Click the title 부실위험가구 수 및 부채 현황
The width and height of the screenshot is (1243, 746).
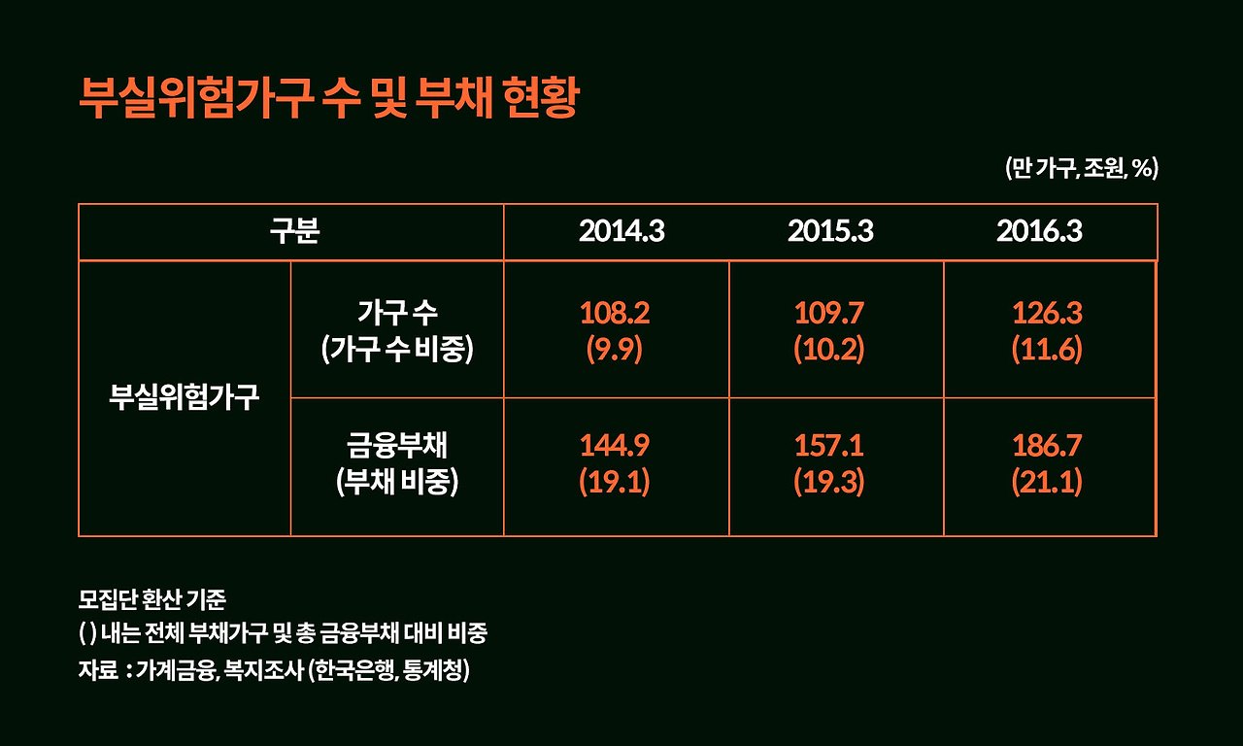click(x=328, y=98)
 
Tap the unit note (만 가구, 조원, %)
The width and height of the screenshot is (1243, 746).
click(x=1081, y=168)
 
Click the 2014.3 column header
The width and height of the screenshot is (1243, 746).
click(x=621, y=233)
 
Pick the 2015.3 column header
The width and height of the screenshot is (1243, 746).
click(x=830, y=233)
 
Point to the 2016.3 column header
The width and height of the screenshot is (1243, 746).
click(x=1039, y=233)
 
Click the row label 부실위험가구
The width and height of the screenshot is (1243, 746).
click(x=185, y=398)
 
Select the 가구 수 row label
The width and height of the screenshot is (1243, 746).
click(x=397, y=313)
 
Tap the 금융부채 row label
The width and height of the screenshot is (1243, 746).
click(x=397, y=446)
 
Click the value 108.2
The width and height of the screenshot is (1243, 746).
click(x=615, y=313)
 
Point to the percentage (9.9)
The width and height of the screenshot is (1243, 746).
click(x=615, y=350)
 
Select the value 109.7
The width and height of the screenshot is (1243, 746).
click(x=829, y=313)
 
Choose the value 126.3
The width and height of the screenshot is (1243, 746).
click(x=1047, y=313)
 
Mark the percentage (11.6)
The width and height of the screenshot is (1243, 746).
click(x=1047, y=350)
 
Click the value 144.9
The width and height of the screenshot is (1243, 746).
click(x=615, y=446)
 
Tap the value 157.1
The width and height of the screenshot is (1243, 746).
click(x=829, y=446)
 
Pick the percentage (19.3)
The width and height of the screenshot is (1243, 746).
click(x=829, y=483)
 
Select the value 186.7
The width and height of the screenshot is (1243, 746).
click(x=1047, y=446)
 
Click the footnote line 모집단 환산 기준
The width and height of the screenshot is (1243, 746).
click(x=151, y=598)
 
